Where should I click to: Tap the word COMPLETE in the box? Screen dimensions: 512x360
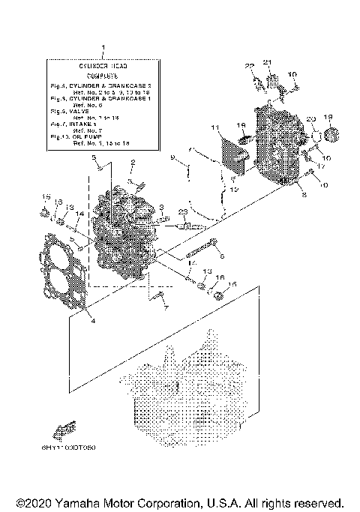coord(103,76)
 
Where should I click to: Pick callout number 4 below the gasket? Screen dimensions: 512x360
coord(92,321)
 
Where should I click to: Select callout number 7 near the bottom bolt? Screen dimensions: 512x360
coord(166,307)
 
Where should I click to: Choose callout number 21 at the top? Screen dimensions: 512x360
coord(268,61)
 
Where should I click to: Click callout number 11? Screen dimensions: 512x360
coord(214,128)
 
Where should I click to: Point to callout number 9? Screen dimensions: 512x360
coord(172,157)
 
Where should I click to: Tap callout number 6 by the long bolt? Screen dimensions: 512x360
coord(222,256)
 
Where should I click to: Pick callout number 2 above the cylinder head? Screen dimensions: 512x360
coord(133,163)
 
